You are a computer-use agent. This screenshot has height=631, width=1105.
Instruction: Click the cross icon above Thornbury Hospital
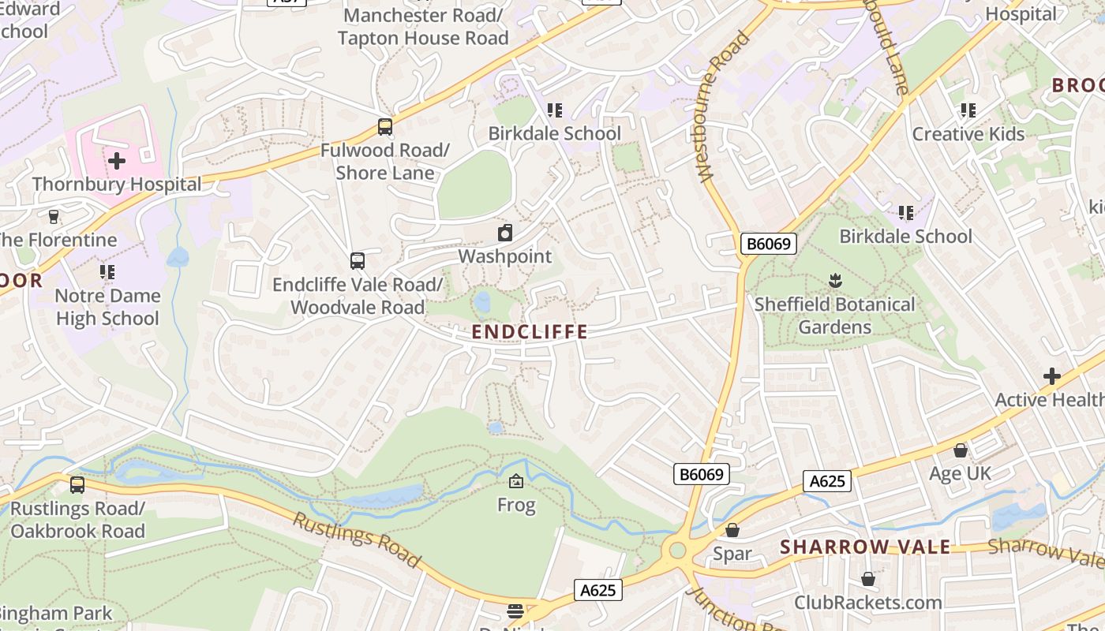[117, 162]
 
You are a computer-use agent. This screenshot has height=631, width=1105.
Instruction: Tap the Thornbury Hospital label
[117, 185]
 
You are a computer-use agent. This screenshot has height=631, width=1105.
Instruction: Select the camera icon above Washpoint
[505, 233]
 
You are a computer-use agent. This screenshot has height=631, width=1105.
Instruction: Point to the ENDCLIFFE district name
[530, 332]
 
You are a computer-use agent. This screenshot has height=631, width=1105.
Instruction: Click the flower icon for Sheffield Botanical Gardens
[835, 280]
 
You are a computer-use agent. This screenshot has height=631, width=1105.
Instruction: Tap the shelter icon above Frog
[516, 480]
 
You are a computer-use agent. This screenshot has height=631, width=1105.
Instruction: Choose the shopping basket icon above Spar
[732, 530]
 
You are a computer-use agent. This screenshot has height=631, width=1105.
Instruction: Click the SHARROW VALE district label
[865, 547]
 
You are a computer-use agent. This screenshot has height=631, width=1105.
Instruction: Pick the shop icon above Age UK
[961, 450]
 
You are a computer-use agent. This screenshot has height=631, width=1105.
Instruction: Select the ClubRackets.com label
[868, 603]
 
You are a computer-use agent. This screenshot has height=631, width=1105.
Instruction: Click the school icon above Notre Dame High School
[107, 272]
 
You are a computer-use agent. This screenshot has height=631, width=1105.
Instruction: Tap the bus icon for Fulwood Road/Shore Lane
[385, 126]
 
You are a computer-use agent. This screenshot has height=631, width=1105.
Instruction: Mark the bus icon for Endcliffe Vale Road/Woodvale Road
[358, 260]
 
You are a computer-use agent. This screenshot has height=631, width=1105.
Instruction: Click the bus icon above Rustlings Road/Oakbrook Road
[77, 485]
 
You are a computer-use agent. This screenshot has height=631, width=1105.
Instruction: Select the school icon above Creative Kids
[968, 110]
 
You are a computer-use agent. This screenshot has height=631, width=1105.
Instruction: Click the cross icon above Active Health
[1051, 376]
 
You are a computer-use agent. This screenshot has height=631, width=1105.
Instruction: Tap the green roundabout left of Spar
[676, 549]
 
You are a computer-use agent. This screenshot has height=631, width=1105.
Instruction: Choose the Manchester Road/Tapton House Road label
[423, 26]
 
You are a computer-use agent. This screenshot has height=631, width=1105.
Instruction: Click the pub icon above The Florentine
[54, 216]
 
